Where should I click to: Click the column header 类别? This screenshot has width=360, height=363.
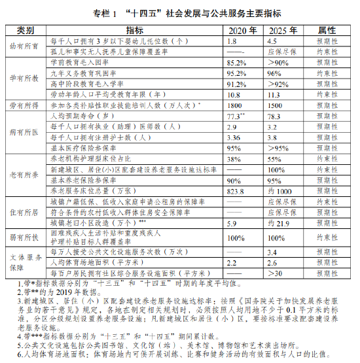tap(26, 31)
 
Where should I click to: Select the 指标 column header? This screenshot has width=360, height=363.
tap(135, 31)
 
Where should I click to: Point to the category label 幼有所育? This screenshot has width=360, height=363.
tap(26, 46)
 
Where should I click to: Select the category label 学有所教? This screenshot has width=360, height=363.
tap(26, 77)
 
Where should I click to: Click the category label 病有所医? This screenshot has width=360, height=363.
tap(26, 131)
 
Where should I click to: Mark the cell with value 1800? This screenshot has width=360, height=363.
tap(235, 105)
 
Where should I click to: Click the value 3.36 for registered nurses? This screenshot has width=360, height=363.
tap(233, 137)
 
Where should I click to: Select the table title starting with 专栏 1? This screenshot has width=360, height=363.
tap(181, 11)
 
